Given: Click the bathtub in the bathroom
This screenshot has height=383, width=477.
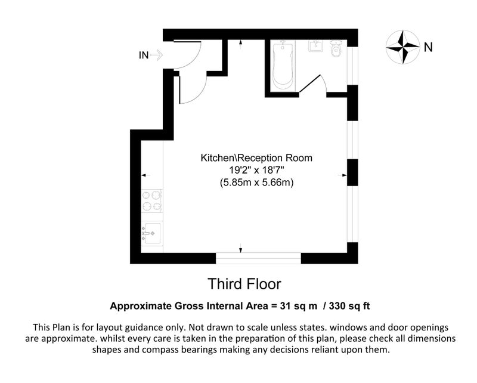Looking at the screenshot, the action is click(283, 66).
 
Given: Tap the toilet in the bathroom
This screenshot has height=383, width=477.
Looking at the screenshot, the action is click(337, 49).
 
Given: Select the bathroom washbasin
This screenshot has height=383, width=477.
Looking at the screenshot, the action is click(316, 46).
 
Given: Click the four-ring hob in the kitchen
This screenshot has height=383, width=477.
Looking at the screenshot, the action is click(152, 201).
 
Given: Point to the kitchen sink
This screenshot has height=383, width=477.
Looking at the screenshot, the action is click(152, 233).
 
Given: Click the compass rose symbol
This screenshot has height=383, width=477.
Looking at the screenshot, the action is click(403, 47).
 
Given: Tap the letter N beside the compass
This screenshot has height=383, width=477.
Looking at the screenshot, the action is click(428, 48).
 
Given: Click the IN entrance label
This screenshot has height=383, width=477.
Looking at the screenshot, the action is click(144, 55).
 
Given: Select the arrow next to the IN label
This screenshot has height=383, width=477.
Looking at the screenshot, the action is click(157, 55).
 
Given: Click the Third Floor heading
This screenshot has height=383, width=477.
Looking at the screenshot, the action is click(244, 284).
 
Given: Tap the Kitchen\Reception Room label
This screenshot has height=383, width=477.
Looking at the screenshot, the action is click(256, 158).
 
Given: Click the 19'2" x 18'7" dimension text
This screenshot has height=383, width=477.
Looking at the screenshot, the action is click(256, 170).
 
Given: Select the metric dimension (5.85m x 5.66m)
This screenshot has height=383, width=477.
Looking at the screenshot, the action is click(256, 183).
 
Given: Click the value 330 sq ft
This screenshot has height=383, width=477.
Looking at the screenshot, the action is click(349, 305).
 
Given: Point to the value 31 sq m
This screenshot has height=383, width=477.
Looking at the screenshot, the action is click(299, 305).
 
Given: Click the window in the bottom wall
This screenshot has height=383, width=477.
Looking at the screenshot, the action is click(258, 258).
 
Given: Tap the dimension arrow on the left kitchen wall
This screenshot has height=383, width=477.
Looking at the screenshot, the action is click(146, 175).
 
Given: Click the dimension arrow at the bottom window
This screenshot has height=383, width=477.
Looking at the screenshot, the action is click(241, 248).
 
